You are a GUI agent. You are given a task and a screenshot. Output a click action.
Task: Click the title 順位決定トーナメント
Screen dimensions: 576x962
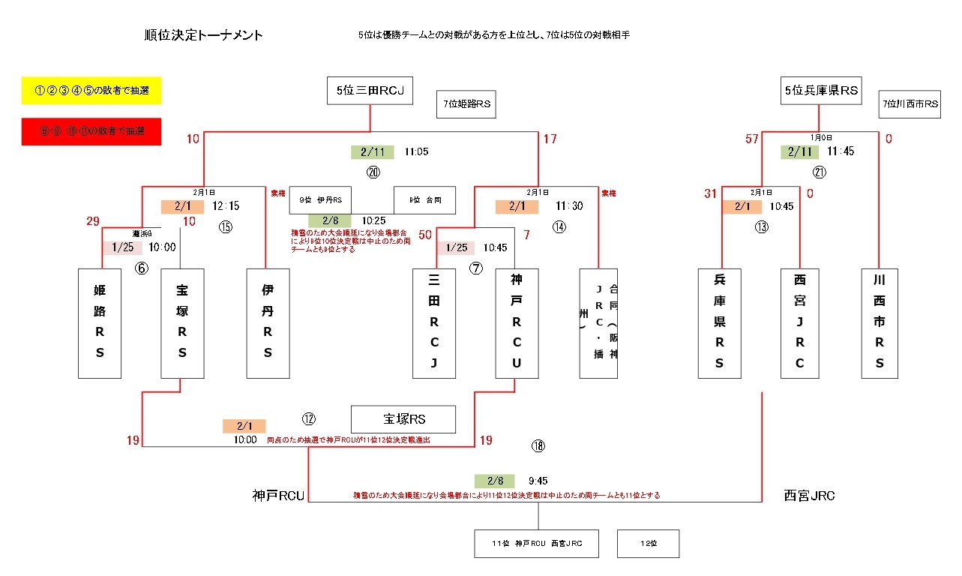(204, 35)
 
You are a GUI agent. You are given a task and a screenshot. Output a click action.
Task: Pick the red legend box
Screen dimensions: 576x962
(91, 132)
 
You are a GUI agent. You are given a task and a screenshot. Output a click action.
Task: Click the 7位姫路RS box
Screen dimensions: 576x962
(466, 104)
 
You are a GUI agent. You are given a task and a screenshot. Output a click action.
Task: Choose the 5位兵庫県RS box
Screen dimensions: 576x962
(820, 91)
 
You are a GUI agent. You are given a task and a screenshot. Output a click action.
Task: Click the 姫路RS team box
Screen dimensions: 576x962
(100, 322)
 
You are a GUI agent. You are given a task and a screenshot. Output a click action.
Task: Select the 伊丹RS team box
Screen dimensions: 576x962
(268, 322)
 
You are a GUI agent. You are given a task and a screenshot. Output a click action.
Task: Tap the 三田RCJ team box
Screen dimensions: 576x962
(434, 322)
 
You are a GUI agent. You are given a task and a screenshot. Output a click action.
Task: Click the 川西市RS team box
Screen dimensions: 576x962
(880, 322)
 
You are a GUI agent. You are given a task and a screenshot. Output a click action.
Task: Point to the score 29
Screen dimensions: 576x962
(93, 221)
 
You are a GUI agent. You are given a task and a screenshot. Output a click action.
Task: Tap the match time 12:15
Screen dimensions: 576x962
(226, 206)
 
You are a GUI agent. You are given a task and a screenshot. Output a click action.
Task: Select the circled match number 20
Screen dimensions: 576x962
(373, 172)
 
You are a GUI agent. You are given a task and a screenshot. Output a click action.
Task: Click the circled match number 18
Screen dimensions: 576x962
(538, 446)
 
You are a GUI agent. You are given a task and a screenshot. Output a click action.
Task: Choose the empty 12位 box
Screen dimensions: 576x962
(648, 544)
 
